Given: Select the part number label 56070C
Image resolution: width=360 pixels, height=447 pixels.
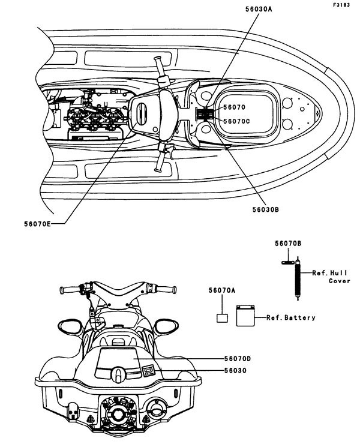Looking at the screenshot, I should coord(236,121).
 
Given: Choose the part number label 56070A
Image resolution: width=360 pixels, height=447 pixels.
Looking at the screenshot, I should coord(223,290).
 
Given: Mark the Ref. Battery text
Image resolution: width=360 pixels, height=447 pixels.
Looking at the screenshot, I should coord(290,317).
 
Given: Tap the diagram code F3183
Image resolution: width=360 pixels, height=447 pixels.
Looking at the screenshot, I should coord(343,5).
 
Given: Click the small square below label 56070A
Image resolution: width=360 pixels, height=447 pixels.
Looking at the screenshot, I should coord(221,319).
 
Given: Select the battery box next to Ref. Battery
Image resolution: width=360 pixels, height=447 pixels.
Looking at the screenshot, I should coord(245,316).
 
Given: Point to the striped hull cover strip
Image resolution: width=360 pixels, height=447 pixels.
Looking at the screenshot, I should coord(296,273).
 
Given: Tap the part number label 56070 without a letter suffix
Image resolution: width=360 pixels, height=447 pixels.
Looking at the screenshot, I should coord(233,108).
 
